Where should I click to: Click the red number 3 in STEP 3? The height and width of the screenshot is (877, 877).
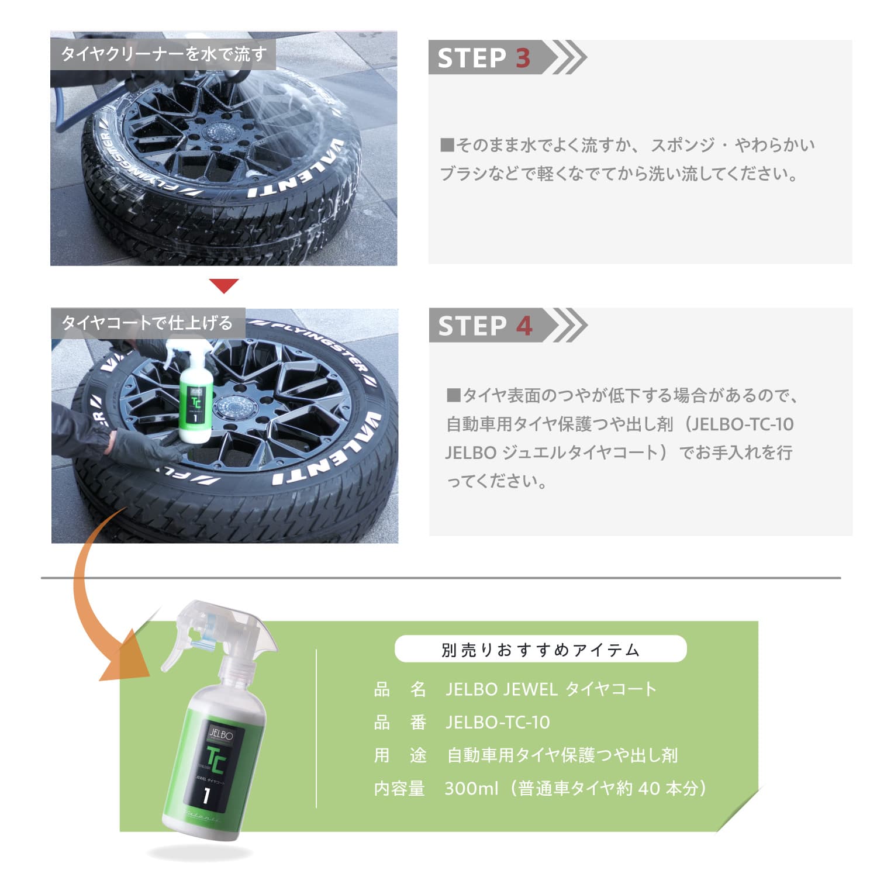(x=523, y=58)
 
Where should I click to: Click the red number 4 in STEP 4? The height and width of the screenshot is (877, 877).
(x=524, y=326)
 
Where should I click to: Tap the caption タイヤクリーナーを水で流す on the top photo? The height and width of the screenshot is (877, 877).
(x=164, y=54)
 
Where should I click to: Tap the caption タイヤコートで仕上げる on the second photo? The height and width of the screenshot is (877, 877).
(x=147, y=323)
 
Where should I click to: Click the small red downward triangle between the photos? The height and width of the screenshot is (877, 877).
(x=224, y=285)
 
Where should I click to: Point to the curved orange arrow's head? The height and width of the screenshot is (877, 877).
(x=126, y=664)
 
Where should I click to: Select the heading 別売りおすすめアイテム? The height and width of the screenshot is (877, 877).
(x=540, y=650)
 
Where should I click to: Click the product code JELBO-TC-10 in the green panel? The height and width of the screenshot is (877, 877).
(x=498, y=723)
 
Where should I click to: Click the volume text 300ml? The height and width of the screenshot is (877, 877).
(x=471, y=789)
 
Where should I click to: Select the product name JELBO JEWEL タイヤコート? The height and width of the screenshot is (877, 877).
(x=551, y=689)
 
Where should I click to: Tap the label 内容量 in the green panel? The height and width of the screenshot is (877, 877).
(x=399, y=789)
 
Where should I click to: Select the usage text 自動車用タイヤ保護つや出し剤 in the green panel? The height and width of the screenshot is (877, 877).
(x=562, y=755)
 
